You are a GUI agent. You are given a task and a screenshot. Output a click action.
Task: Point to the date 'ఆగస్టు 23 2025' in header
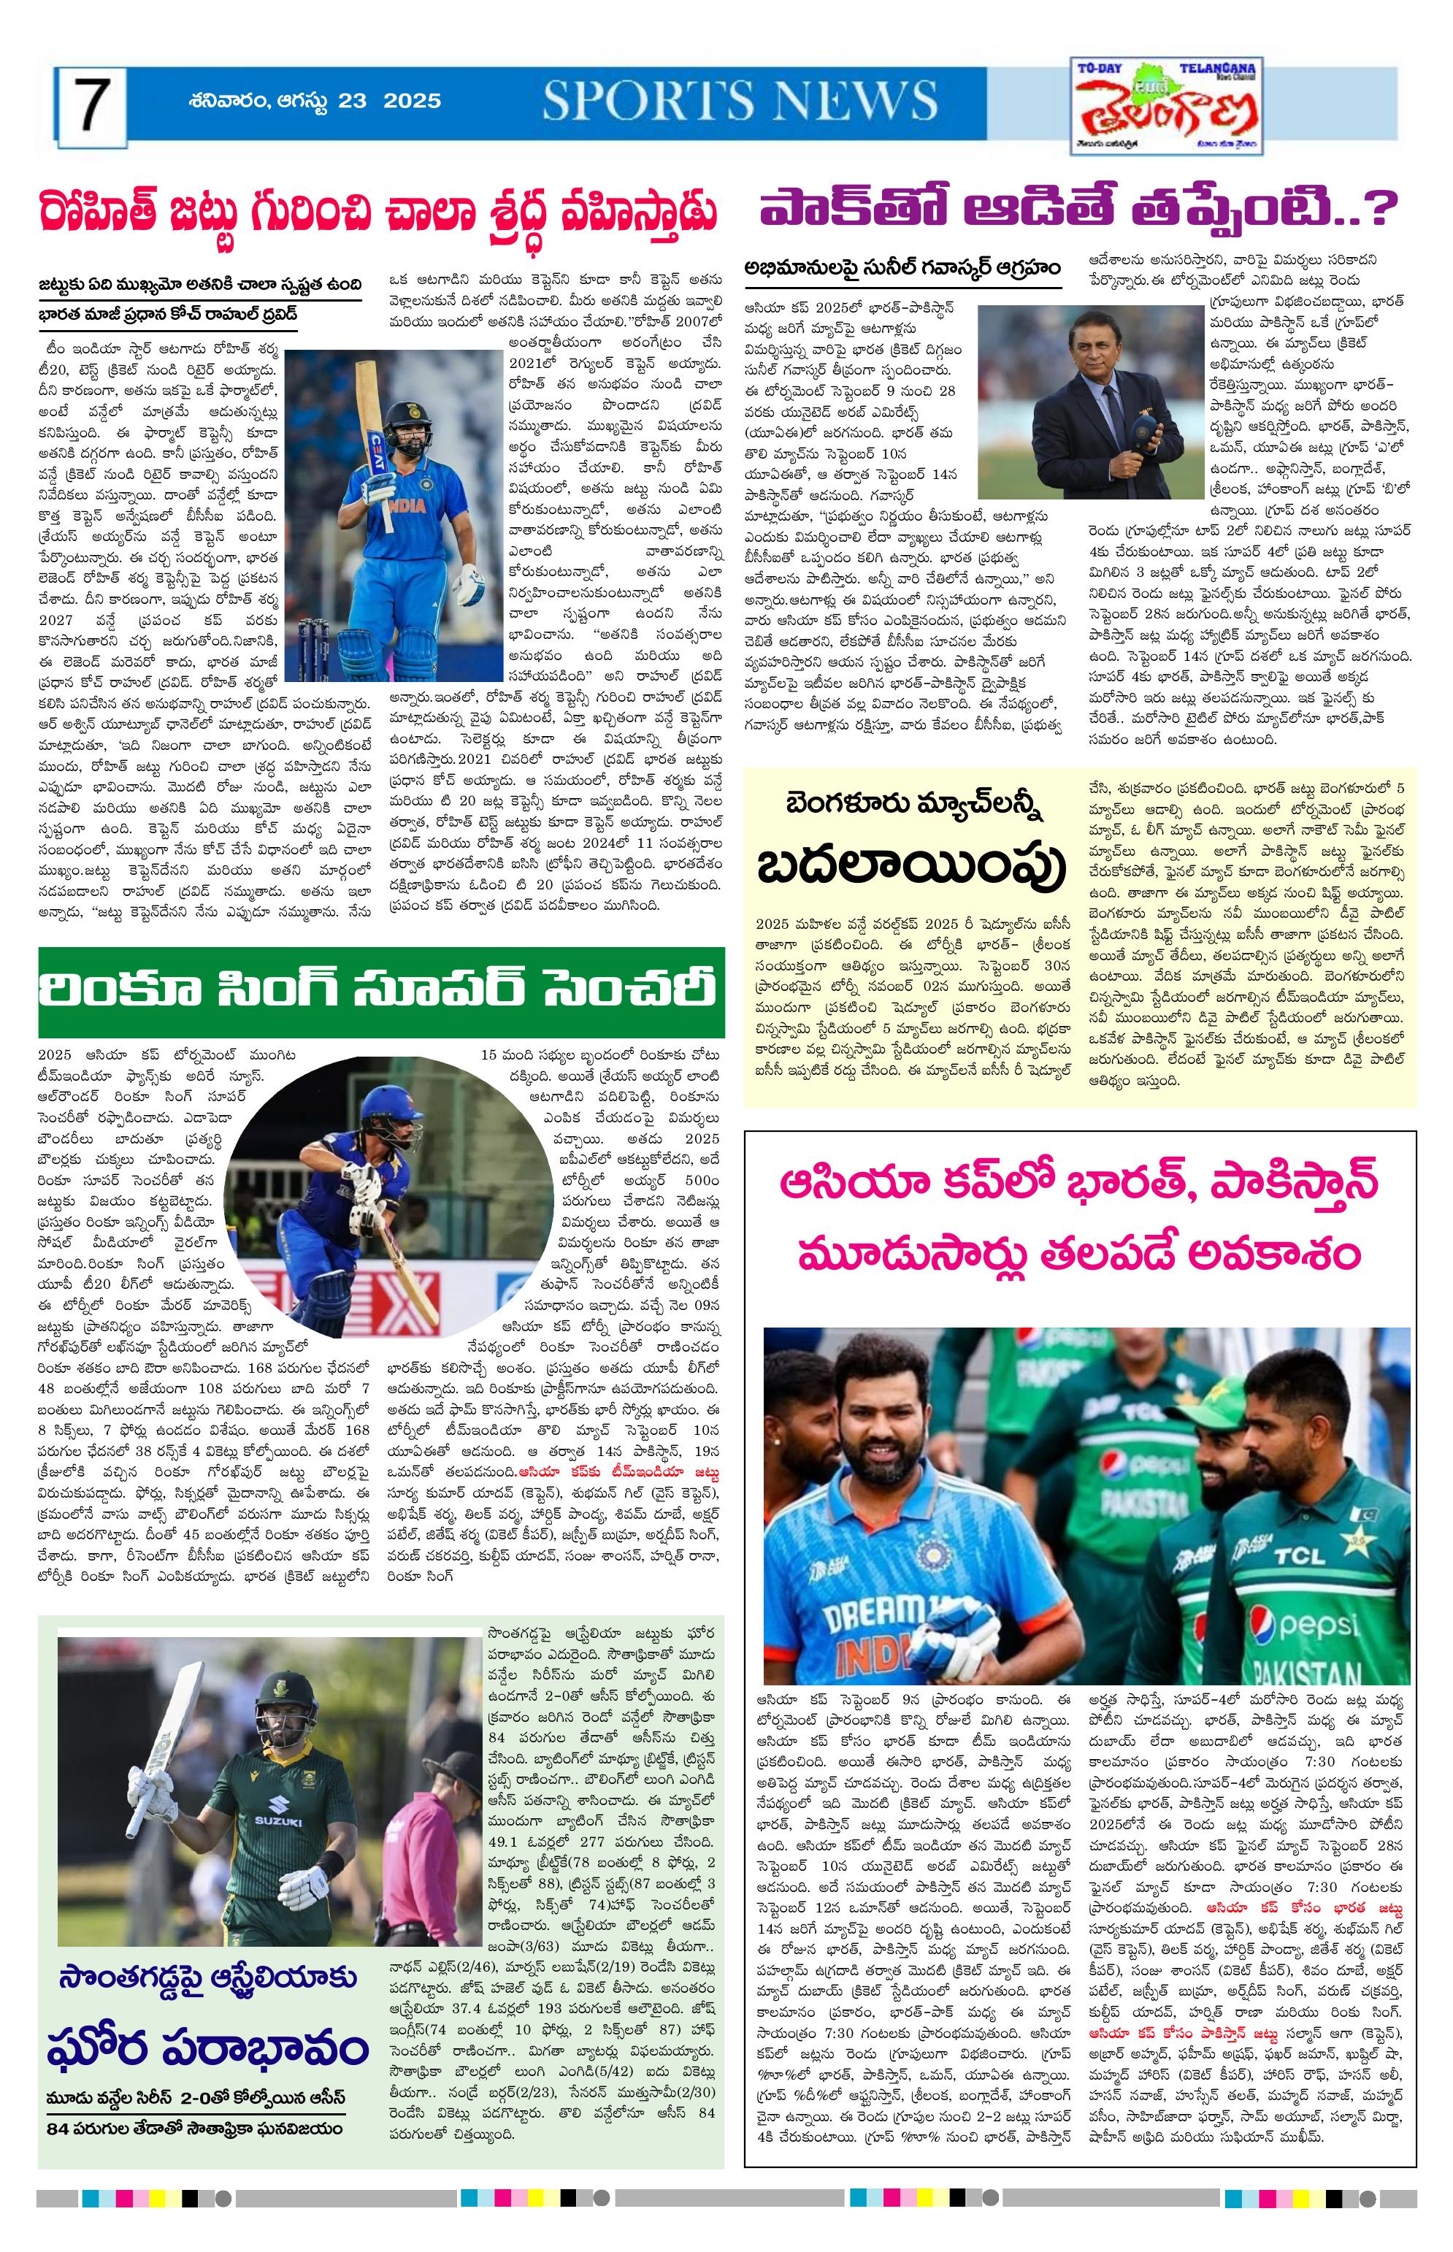(x=369, y=100)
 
